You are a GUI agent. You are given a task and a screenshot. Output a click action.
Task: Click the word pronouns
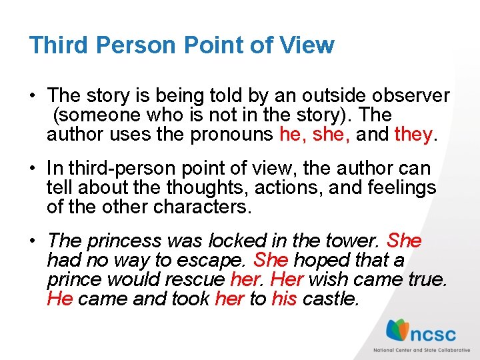[231, 135]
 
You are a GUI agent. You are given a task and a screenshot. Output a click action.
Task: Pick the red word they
[413, 135]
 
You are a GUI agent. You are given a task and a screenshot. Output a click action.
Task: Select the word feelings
[401, 188]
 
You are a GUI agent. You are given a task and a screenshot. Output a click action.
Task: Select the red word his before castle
[284, 299]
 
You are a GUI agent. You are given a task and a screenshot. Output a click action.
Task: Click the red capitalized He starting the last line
[60, 299]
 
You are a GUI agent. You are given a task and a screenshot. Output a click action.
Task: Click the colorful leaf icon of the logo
[399, 330]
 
